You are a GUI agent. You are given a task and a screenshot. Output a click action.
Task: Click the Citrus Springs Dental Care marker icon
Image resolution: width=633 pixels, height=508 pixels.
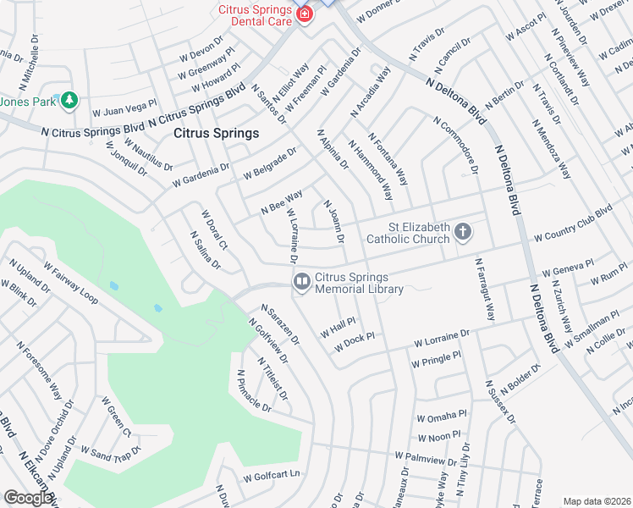pos(304,14)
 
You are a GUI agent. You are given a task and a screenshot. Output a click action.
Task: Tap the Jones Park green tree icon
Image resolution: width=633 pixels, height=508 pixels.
pos(69,102)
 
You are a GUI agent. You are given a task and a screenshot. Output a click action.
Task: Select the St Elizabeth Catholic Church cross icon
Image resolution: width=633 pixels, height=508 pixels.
pos(462,231)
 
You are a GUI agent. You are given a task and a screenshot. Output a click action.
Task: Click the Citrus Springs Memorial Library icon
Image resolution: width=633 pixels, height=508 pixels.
pos(301,282)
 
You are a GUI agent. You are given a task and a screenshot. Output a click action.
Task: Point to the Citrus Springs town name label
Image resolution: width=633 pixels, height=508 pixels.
pos(216,133)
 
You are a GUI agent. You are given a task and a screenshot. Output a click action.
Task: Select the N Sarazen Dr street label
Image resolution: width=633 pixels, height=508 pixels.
pos(280,325)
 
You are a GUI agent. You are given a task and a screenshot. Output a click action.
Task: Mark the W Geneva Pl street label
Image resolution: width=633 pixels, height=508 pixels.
pos(568,269)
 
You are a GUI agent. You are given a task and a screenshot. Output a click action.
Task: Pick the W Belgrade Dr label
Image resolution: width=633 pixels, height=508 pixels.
pos(270,163)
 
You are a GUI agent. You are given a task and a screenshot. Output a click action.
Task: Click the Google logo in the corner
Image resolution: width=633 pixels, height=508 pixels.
pos(28,499)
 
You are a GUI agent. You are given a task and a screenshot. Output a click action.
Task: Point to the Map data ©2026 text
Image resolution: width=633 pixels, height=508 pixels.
pos(597,501)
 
